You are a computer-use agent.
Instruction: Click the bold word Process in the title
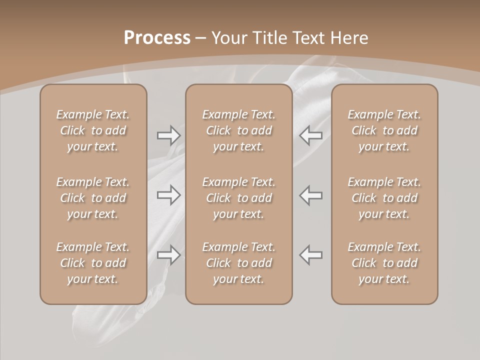[x=157, y=38]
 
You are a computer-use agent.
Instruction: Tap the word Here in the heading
[x=349, y=38]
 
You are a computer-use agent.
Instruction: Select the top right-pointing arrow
[x=168, y=135]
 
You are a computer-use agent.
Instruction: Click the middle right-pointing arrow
[x=168, y=195]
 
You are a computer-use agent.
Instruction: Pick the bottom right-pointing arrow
[x=168, y=255]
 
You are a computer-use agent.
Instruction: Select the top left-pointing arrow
[x=311, y=135]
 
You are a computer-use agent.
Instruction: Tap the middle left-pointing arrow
[x=311, y=195]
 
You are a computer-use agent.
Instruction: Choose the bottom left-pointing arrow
[x=311, y=255]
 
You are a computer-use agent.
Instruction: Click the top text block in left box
[x=93, y=130]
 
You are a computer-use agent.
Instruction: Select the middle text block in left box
[x=93, y=198]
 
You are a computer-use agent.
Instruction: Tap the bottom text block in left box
[x=93, y=263]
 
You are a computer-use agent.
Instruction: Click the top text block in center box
[x=238, y=130]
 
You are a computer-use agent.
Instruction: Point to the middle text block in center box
[x=238, y=198]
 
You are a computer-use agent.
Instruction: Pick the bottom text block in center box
[x=238, y=263]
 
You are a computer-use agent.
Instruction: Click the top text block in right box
[x=384, y=130]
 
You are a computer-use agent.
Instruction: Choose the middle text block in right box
[x=384, y=198]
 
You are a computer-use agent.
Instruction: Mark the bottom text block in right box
[x=384, y=263]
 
